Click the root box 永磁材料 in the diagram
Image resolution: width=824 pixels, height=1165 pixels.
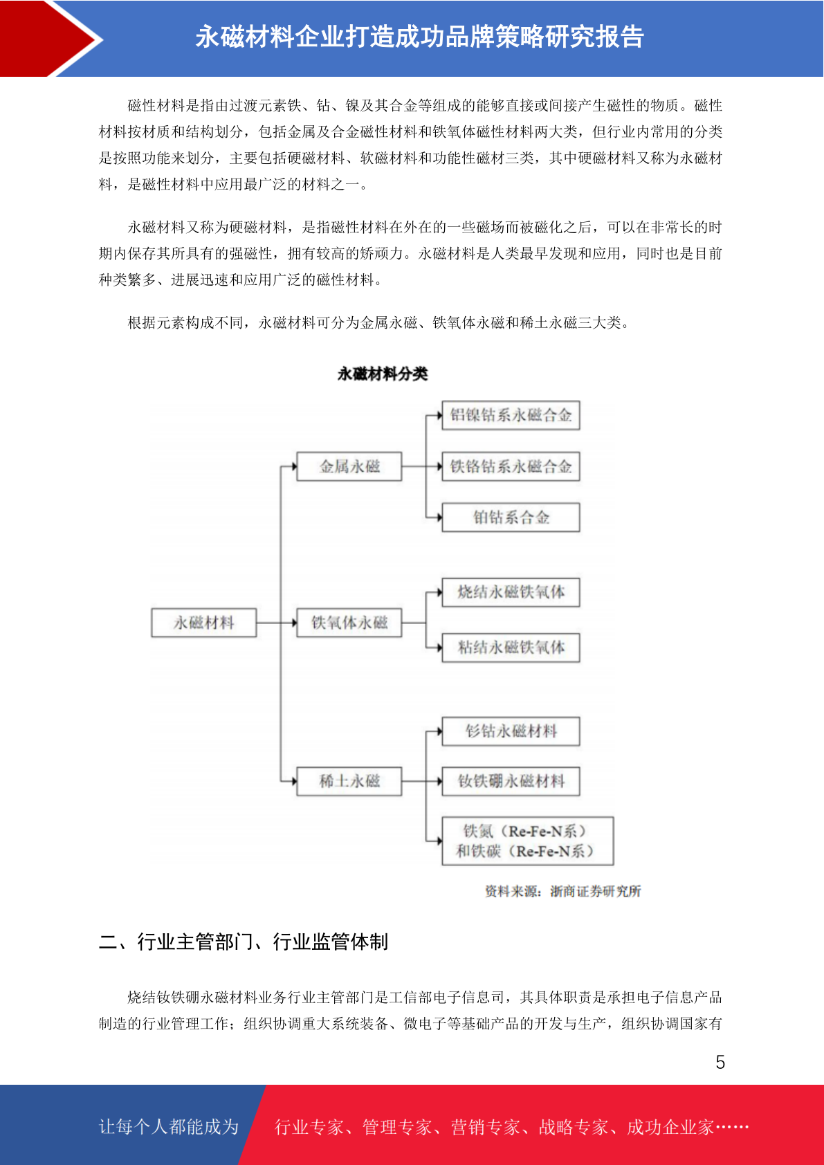point(204,623)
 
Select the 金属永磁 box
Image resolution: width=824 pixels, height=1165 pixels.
point(349,466)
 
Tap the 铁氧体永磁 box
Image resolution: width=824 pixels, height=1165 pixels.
point(349,623)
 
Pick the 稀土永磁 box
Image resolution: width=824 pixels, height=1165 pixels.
point(349,780)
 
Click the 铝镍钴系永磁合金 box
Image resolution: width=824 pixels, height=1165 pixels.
point(511,415)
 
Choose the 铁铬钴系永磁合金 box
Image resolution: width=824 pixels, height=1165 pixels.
point(511,466)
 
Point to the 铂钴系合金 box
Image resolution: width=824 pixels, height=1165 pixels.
point(511,517)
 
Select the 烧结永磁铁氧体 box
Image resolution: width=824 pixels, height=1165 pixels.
point(511,592)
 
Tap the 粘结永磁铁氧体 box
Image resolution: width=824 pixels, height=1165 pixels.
point(511,648)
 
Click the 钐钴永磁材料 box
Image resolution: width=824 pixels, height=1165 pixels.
point(511,731)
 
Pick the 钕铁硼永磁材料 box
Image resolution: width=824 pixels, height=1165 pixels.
point(511,780)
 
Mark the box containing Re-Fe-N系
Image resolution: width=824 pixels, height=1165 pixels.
point(527,841)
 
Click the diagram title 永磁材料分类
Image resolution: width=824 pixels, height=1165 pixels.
point(383,374)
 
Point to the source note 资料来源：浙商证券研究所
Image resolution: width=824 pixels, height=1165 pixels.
point(563,892)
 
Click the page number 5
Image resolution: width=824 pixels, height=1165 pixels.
point(720,1062)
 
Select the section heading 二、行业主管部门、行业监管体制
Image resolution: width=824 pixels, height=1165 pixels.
point(244,942)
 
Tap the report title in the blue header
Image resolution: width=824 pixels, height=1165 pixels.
point(420,37)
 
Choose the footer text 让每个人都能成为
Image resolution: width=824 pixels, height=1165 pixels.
point(169,1126)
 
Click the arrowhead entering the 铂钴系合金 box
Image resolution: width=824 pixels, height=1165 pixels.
point(439,517)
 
